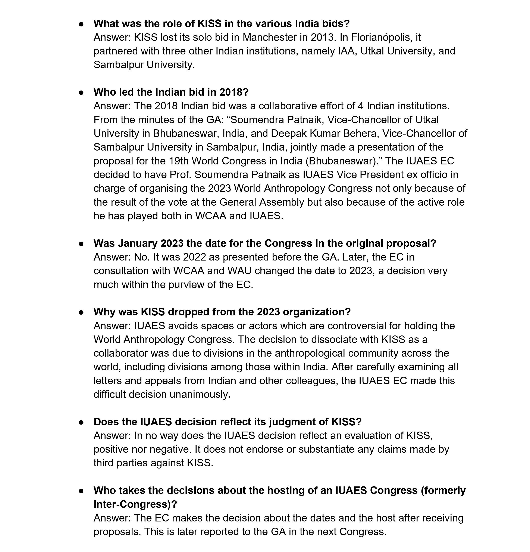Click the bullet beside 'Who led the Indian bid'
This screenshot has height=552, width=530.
81,92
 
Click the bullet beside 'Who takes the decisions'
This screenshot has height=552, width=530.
81,491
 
